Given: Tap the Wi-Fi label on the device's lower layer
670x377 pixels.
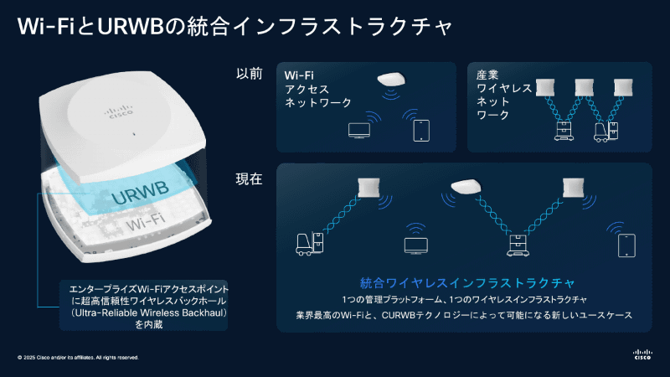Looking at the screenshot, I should [147, 226].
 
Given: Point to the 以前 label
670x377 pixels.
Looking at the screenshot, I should [250, 74].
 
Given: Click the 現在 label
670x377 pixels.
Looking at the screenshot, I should [250, 178].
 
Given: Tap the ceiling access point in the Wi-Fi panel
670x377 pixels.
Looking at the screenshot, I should [391, 80].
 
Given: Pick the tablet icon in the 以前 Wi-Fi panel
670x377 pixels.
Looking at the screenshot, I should [420, 131].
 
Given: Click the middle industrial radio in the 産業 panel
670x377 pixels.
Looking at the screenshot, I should [585, 87].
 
